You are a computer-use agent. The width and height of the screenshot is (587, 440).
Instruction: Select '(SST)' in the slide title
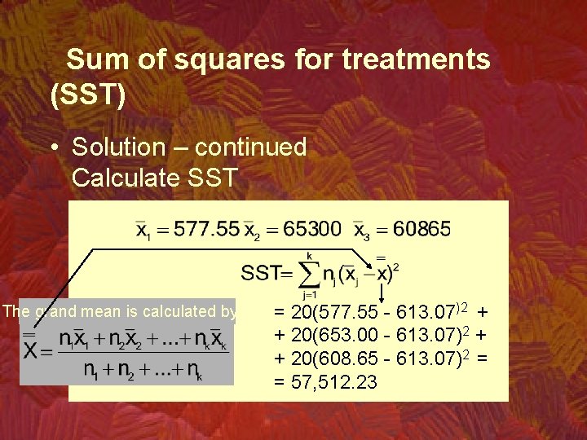tap(88, 96)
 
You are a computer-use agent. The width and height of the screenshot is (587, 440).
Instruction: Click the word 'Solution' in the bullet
tap(118, 147)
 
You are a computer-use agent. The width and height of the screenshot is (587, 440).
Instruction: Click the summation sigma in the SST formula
tap(309, 272)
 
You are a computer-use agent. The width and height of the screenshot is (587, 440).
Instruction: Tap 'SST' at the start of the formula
tap(261, 272)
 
